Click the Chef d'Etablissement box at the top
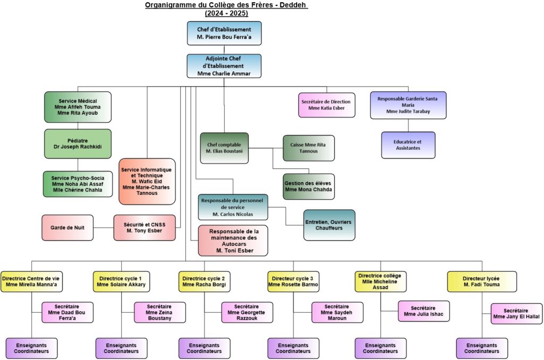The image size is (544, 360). pos(224,33)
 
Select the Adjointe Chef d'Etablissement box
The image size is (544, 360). pos(224,66)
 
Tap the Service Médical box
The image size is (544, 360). pos(78,107)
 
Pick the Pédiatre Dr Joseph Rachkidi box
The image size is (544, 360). pos(78,143)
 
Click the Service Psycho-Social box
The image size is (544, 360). pos(78,184)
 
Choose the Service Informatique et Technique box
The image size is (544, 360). pos(147,181)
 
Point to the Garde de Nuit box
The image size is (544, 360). pos(67,228)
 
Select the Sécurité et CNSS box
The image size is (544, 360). pos(144,228)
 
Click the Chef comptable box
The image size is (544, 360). pos(224,148)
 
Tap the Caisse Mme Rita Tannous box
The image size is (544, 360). pos(309,148)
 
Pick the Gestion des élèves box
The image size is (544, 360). pos(309,186)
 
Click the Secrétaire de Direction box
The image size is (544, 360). pos(327,105)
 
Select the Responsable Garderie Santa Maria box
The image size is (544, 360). pos(408,105)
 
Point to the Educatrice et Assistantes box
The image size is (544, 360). pos(408,145)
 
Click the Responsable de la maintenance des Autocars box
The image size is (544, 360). pos(233,241)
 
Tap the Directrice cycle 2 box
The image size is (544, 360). pos(204,281)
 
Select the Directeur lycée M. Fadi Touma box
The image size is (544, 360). pos(481,281)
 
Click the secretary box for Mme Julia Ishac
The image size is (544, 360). pos(423,311)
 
